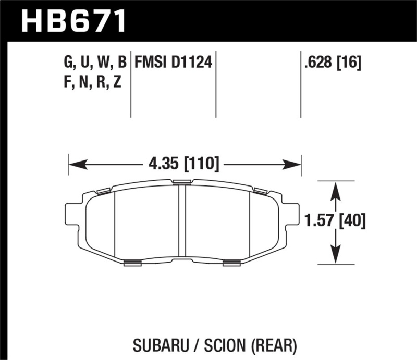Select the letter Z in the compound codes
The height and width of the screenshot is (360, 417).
117,82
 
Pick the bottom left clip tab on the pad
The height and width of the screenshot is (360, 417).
133,263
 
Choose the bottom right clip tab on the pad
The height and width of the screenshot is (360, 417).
231,263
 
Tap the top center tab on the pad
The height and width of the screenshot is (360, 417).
182,182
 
